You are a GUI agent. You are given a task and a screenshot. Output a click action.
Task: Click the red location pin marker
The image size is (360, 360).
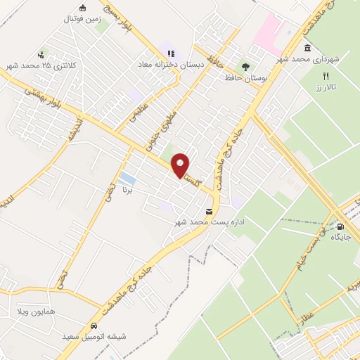tap(181, 165)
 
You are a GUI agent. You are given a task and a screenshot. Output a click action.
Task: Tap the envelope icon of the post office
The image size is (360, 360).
tap(209, 211)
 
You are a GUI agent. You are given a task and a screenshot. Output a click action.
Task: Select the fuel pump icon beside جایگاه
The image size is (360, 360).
tap(340, 226)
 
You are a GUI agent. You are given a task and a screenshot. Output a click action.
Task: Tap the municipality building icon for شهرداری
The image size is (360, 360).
tap(308, 48)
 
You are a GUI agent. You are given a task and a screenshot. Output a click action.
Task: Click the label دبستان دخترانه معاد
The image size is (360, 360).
tap(169, 64)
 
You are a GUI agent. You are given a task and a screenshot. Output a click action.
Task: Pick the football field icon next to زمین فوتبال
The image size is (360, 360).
tap(83, 8)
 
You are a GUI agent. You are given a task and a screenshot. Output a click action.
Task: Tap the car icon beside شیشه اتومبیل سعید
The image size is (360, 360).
tap(94, 327)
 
